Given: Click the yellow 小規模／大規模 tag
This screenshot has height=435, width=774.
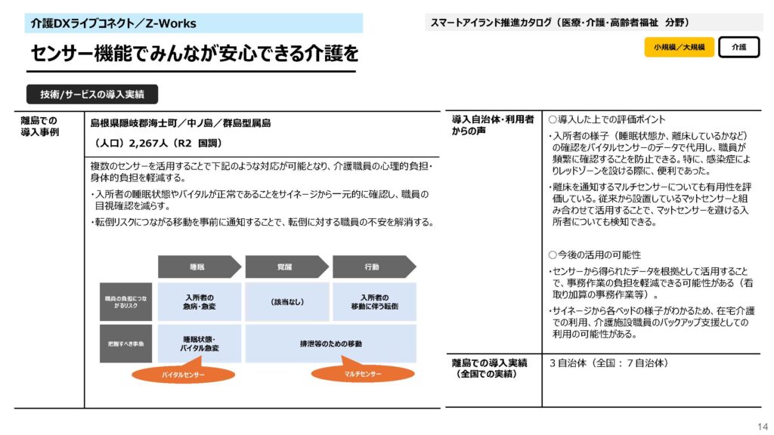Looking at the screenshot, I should click(x=679, y=47).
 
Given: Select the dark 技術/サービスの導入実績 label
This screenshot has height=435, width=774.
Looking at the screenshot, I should click(x=92, y=94).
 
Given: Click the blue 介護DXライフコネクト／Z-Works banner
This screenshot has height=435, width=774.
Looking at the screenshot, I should click(x=193, y=23).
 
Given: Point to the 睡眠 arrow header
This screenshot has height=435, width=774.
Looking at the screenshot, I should click(x=198, y=267).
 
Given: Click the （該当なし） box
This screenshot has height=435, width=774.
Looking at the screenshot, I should click(x=287, y=302).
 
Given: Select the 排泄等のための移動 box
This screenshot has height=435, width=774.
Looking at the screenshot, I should click(x=330, y=344).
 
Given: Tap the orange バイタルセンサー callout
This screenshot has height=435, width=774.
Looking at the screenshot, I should click(x=183, y=375).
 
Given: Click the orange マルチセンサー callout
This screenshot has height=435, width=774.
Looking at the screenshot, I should click(x=363, y=374).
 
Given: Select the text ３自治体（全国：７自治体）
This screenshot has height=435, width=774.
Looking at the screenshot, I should click(x=608, y=363).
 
